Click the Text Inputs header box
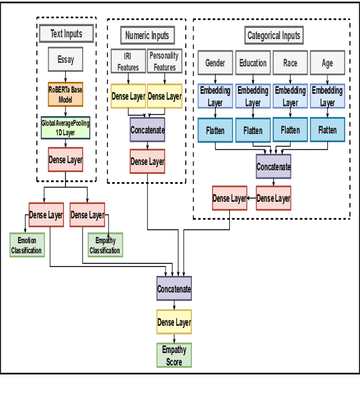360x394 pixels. click(x=67, y=33)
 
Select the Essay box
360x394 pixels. click(x=65, y=60)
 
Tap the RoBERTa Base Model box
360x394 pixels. click(x=65, y=94)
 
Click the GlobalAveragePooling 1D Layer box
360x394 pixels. click(x=65, y=128)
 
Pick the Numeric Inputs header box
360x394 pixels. click(x=147, y=35)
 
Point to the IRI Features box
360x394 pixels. click(x=128, y=62)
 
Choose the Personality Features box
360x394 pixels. click(x=165, y=62)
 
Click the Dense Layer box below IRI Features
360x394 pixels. click(x=128, y=96)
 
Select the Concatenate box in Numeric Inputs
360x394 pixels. click(x=147, y=129)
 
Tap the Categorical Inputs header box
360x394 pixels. click(x=273, y=35)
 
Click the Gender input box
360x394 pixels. click(x=215, y=62)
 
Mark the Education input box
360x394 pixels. click(x=252, y=62)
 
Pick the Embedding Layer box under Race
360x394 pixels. click(x=290, y=96)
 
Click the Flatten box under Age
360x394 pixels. click(x=327, y=130)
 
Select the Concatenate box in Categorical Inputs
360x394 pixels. click(x=273, y=167)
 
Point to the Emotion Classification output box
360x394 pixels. click(x=27, y=244)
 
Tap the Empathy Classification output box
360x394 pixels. click(x=105, y=244)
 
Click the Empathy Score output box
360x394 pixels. click(x=174, y=355)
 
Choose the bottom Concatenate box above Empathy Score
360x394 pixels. click(x=174, y=289)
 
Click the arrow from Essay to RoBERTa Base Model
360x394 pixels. click(x=65, y=77)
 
